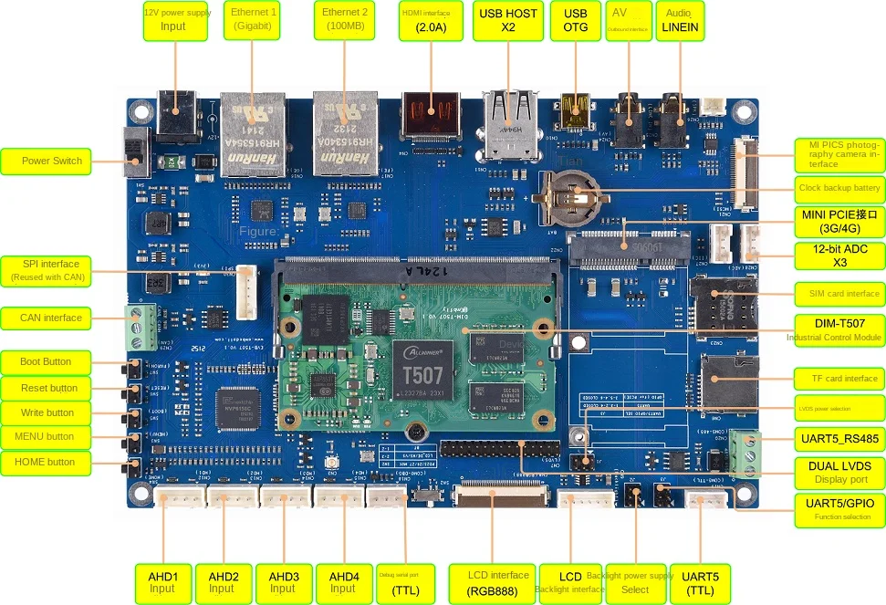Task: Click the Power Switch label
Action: [52, 162]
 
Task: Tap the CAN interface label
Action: [51, 318]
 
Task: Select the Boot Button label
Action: [46, 362]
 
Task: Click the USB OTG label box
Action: [575, 20]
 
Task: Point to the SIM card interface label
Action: [836, 294]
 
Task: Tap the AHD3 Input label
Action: [284, 582]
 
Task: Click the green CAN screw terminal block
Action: [141, 327]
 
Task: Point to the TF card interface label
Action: [839, 379]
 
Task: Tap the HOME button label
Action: [46, 463]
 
